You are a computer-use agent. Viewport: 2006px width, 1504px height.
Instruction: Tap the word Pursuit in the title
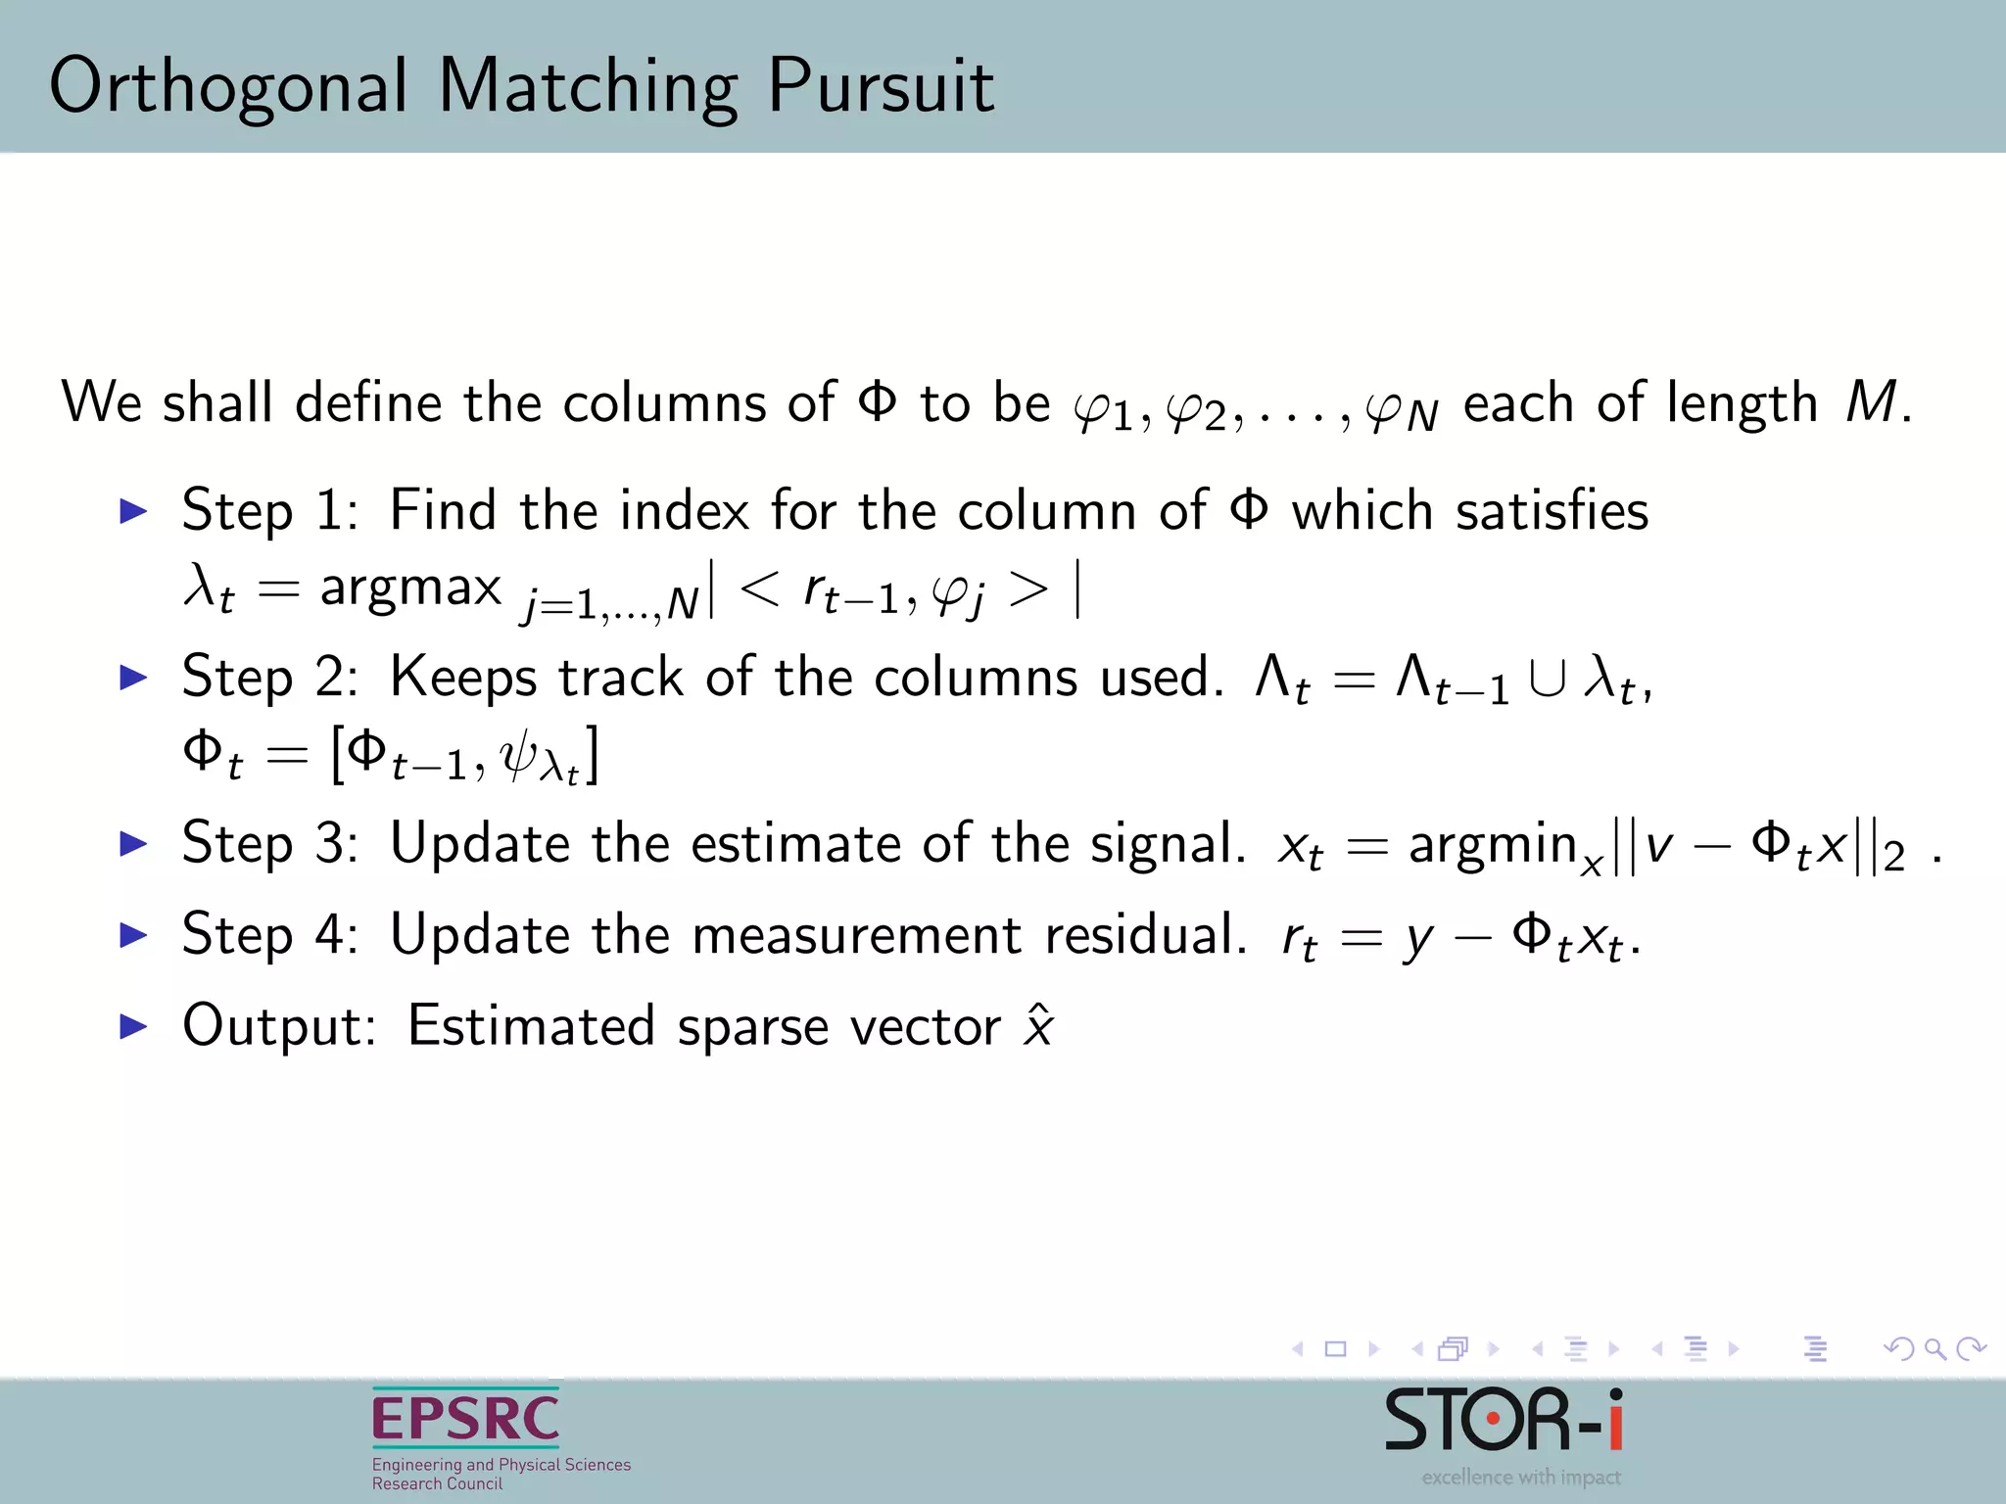point(880,86)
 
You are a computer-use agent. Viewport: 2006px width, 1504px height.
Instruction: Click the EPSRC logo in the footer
point(466,1419)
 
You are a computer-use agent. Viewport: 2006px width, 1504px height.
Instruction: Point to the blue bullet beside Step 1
point(133,510)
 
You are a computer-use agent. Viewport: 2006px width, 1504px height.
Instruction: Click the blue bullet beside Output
point(133,1026)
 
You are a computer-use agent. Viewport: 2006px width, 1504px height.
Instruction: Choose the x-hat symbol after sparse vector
point(1037,1026)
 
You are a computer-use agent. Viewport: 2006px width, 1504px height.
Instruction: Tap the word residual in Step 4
point(1145,935)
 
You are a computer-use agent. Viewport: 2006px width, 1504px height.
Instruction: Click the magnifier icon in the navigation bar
point(1935,1349)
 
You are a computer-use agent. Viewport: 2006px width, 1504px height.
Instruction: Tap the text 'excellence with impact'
point(1521,1478)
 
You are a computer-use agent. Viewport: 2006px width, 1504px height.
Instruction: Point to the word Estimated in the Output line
point(530,1026)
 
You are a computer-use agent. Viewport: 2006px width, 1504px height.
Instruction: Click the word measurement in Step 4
point(857,935)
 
